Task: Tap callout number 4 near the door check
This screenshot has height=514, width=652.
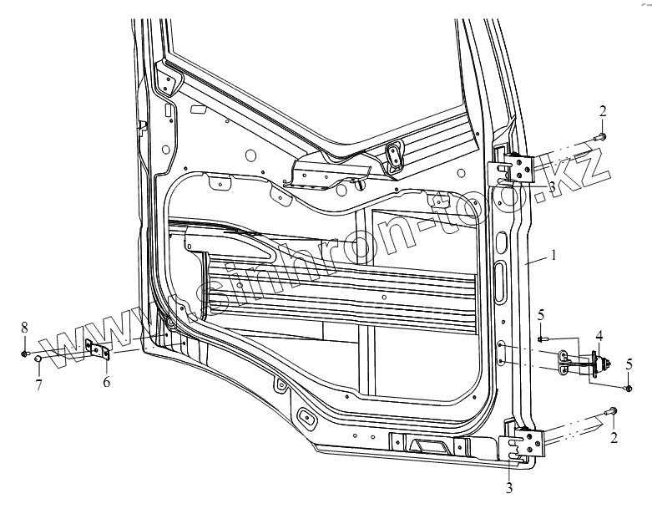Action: [x=598, y=336]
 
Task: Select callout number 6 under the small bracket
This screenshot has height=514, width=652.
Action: [x=106, y=381]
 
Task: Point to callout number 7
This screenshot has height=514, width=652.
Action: [x=38, y=384]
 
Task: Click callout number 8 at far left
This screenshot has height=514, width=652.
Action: [x=24, y=325]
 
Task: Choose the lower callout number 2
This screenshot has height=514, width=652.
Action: [x=614, y=438]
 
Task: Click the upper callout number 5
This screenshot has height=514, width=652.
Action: [x=541, y=315]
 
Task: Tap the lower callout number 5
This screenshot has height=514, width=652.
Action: [x=629, y=364]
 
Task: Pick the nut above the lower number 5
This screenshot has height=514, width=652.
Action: [x=626, y=387]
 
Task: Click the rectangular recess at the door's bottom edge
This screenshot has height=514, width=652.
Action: [x=429, y=445]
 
